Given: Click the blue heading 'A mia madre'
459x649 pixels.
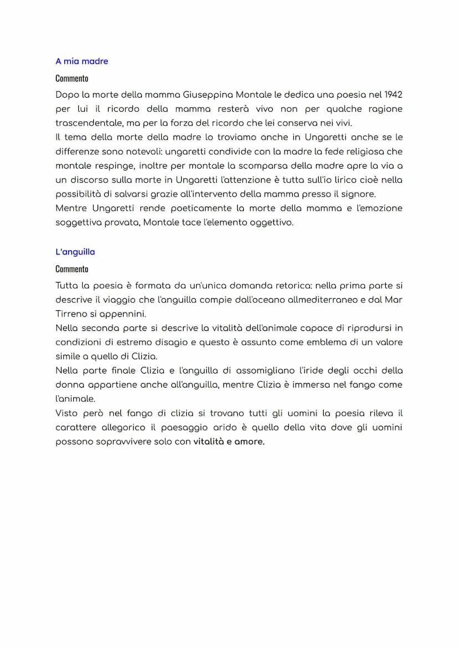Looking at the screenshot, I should tap(81, 61).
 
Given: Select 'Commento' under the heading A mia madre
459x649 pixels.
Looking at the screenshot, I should tap(72, 78).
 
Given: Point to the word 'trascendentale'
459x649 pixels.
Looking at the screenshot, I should tap(86, 123).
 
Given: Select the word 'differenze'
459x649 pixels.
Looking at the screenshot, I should tap(77, 152).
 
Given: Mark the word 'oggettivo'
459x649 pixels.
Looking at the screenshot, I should tap(272, 223).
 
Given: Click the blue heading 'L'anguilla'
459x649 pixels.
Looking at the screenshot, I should tap(75, 251).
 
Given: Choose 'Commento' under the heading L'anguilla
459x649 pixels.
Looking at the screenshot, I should tap(72, 269).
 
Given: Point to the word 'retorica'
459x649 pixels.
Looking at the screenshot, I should tap(293, 285).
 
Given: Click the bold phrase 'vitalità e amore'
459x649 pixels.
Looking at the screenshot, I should tap(228, 442).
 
